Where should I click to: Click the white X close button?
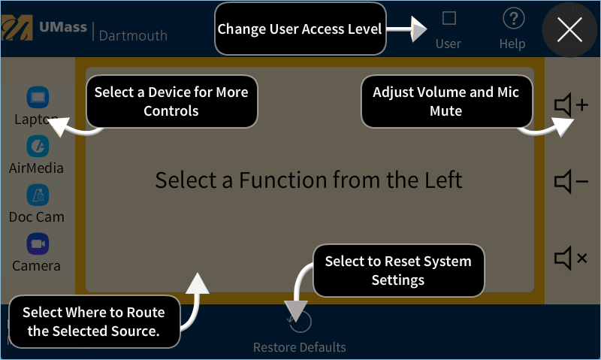pos(569,30)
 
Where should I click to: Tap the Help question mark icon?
pos(513,19)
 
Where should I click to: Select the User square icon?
pos(449,18)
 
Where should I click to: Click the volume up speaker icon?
pos(570,105)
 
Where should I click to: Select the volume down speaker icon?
pos(570,181)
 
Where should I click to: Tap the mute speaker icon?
pos(570,258)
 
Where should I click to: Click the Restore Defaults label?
pos(299,347)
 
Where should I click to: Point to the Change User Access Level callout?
pos(300,29)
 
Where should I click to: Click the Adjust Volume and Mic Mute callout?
pos(446,101)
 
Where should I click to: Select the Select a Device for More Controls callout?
pos(171,101)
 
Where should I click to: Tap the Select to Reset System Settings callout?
pos(398,271)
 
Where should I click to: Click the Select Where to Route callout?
pos(94,322)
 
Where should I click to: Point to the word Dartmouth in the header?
pos(133,35)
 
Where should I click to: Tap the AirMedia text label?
pos(36,168)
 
